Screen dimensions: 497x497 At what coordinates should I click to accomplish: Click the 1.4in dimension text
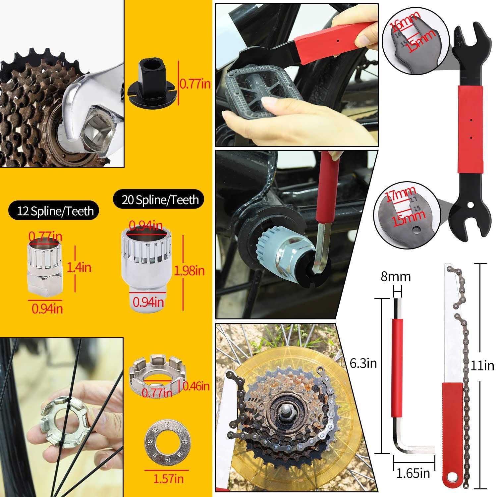[79, 267]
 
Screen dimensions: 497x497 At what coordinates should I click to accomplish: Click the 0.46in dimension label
[196, 386]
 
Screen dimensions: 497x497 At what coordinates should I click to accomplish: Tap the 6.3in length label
[363, 363]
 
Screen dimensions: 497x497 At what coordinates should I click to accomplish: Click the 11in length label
[482, 365]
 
